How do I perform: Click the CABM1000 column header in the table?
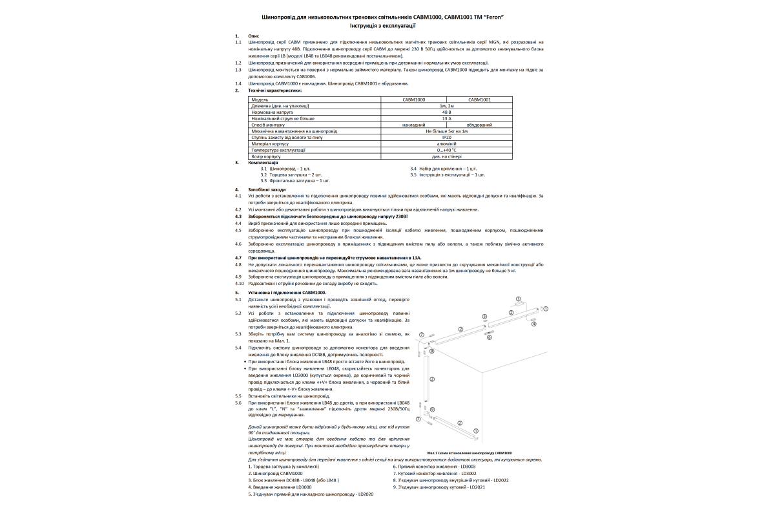(x=414, y=100)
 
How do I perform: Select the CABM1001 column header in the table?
(x=479, y=100)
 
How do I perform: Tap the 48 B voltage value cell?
(x=446, y=112)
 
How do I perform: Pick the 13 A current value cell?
(x=446, y=119)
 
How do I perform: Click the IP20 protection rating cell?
(x=446, y=138)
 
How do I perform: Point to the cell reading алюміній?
(x=446, y=143)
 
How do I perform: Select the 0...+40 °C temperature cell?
(x=446, y=150)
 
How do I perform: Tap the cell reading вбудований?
(x=479, y=125)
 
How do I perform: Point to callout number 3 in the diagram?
(x=519, y=299)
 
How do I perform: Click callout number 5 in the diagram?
(x=484, y=317)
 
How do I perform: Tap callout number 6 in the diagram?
(x=489, y=337)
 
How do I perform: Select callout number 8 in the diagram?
(x=431, y=351)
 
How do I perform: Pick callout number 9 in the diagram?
(x=432, y=410)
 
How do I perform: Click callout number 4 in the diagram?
(x=533, y=324)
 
